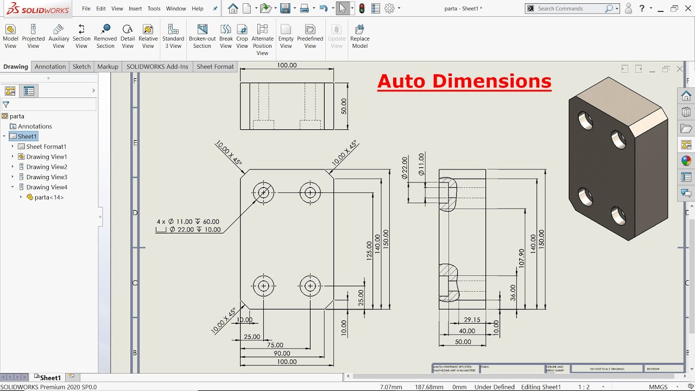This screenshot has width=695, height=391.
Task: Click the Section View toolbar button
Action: pyautogui.click(x=81, y=36)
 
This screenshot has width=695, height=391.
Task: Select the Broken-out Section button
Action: pyautogui.click(x=202, y=36)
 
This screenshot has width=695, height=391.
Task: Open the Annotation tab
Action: pyautogui.click(x=50, y=67)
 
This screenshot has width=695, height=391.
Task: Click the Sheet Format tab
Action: pyautogui.click(x=215, y=67)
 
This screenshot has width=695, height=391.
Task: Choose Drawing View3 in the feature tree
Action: pyautogui.click(x=47, y=177)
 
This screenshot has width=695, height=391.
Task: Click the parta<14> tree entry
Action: pyautogui.click(x=49, y=197)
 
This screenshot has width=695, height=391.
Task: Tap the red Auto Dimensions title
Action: pyautogui.click(x=464, y=81)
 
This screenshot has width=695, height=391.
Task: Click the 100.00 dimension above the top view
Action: pyautogui.click(x=287, y=65)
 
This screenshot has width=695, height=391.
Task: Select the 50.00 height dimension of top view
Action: pyautogui.click(x=344, y=106)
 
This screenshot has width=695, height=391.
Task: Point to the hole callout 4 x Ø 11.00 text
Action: pyautogui.click(x=188, y=222)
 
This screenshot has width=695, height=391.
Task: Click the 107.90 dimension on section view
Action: pyautogui.click(x=522, y=258)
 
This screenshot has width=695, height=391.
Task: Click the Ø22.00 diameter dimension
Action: pyautogui.click(x=405, y=168)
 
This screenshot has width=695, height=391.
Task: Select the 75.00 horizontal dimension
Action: pyautogui.click(x=275, y=345)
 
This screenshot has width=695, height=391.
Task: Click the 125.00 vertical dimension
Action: pyautogui.click(x=369, y=251)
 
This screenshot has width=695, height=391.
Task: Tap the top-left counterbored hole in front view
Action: pyautogui.click(x=263, y=192)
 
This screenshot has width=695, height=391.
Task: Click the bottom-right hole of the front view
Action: pyautogui.click(x=310, y=286)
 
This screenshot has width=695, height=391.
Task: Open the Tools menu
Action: pyautogui.click(x=154, y=9)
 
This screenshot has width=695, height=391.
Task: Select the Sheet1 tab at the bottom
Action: pyautogui.click(x=50, y=377)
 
